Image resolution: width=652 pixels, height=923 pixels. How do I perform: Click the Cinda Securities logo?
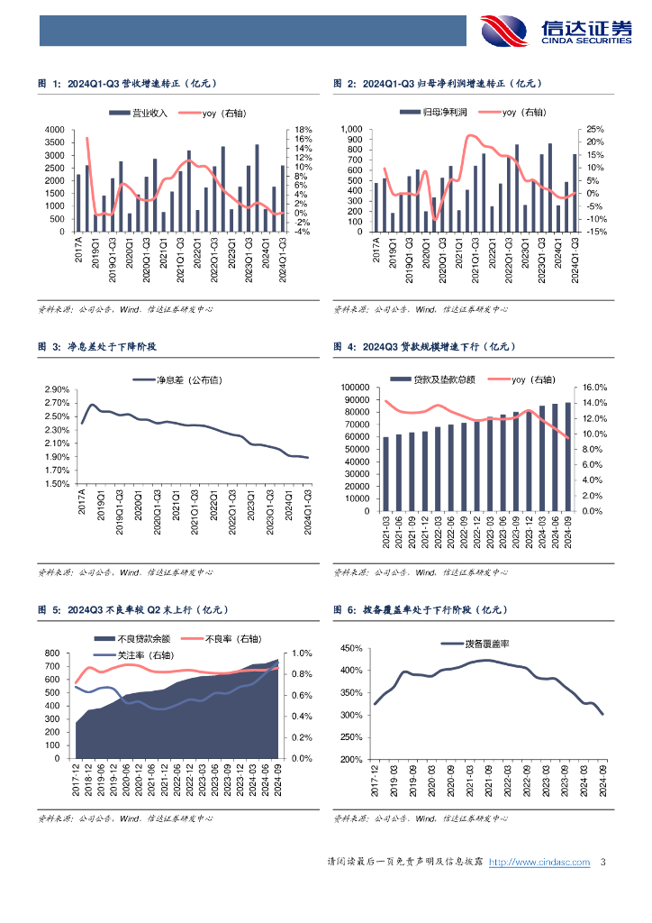click(x=557, y=31)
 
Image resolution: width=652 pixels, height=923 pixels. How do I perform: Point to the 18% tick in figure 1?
click(x=303, y=130)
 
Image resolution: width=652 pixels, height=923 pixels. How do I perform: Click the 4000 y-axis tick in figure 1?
click(x=54, y=130)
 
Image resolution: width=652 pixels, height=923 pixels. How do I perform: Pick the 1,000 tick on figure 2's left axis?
click(x=350, y=130)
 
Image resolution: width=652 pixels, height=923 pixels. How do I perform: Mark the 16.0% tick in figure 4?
click(x=603, y=388)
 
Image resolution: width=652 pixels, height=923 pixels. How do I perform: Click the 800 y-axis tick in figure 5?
click(x=51, y=653)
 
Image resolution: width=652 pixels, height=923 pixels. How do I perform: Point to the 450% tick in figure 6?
click(x=350, y=649)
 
